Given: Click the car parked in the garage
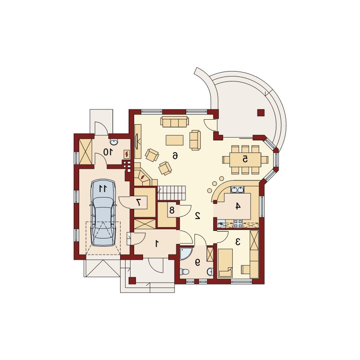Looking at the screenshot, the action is coord(103,213).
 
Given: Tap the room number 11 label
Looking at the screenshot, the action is coord(103,189).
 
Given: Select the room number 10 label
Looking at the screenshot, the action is coord(108,152).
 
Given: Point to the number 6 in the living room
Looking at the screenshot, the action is coord(175,156).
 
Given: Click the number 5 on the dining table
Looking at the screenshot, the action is coord(245,159).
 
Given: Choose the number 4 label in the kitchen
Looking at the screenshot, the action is coord(238,206).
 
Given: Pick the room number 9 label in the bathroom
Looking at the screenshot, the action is coord(197,262).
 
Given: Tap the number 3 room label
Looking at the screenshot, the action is coord(238,242).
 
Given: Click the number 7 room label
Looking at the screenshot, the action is coord(139,202).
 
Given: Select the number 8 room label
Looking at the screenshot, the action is coord(172,210).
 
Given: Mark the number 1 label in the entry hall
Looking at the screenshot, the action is coord(157,243).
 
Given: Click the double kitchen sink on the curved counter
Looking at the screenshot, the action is coord(237,189).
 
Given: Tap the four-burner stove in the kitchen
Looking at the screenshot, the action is coord(238,224).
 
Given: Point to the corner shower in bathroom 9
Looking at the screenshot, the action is coord(185,253).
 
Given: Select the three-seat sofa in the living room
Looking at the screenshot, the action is coord(175,121).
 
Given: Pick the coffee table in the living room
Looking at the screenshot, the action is coord(175,140).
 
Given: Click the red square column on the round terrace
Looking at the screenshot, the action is coord(261,112).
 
